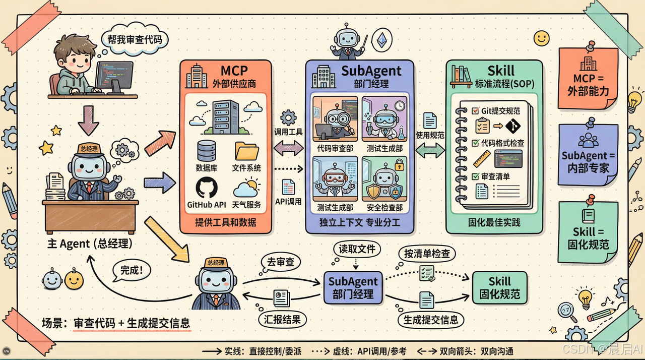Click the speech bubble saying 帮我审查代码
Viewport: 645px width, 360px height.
pyautogui.click(x=135, y=39)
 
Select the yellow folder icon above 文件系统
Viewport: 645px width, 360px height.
pyautogui.click(x=247, y=151)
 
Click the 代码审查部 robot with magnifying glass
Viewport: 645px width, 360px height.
pyautogui.click(x=335, y=121)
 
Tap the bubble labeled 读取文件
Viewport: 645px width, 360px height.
pyautogui.click(x=357, y=249)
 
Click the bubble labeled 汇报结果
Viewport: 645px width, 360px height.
pyautogui.click(x=282, y=319)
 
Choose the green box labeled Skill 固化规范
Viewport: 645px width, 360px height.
pyautogui.click(x=499, y=287)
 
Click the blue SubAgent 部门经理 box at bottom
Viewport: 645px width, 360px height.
pyautogui.click(x=353, y=287)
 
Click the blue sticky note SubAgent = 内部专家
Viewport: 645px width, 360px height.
pyautogui.click(x=588, y=156)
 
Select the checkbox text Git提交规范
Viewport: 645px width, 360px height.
pyautogui.click(x=496, y=111)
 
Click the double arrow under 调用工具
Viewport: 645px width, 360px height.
pyautogui.click(x=289, y=148)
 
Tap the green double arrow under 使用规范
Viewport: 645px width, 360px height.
pyautogui.click(x=430, y=150)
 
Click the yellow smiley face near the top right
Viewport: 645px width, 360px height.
pyautogui.click(x=542, y=38)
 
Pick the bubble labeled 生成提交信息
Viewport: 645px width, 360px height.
pyautogui.click(x=431, y=320)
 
